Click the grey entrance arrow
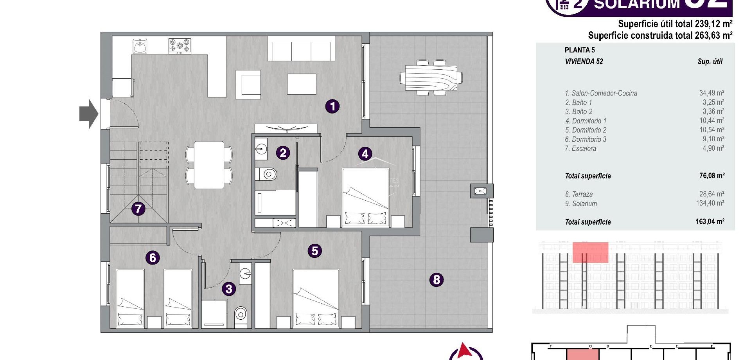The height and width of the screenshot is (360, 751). (x=88, y=114)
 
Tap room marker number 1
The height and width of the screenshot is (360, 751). (x=332, y=106)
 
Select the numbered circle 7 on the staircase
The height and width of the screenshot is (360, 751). (x=138, y=209)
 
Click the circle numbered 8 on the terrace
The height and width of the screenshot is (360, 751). (x=437, y=279)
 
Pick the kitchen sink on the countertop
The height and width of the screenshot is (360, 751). (x=140, y=46)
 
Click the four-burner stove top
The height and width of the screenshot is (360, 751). (x=180, y=46)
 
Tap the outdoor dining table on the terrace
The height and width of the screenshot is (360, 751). (x=431, y=78)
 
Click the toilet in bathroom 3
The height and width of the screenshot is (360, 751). (x=241, y=314)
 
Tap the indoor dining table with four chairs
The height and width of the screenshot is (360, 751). (x=209, y=165)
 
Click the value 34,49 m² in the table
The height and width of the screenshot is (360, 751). (x=711, y=93)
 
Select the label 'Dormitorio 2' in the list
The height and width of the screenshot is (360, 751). (x=586, y=130)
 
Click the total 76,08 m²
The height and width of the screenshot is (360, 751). (x=711, y=176)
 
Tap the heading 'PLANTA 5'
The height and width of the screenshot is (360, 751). (x=580, y=50)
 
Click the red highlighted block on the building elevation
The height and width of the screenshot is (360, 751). (x=590, y=252)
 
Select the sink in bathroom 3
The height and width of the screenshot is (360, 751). (x=245, y=274)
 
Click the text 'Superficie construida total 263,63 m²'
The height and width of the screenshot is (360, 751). (x=660, y=36)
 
